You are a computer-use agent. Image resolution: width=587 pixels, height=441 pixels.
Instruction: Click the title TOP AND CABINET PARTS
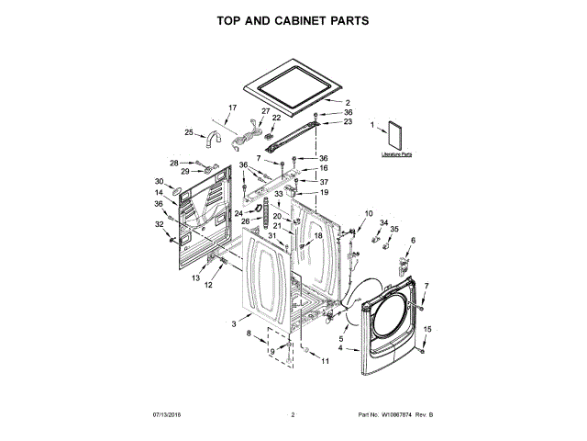[293, 19]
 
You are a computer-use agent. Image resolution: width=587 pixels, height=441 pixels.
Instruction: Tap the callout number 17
[232, 107]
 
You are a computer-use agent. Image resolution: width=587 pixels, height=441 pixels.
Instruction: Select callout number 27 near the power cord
[266, 112]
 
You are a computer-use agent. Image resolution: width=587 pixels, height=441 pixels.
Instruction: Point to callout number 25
[189, 132]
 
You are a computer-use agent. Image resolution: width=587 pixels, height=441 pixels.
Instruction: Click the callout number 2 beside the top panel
[348, 102]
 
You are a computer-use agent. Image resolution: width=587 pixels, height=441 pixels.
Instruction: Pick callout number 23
[348, 121]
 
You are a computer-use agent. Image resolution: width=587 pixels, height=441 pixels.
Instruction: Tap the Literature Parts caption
[397, 155]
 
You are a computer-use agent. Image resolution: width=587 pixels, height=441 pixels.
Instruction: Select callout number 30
[159, 181]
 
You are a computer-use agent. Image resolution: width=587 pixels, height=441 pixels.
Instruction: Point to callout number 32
[159, 223]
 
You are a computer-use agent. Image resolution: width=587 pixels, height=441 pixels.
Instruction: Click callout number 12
[208, 285]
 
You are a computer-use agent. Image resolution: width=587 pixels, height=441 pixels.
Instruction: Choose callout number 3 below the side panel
[234, 324]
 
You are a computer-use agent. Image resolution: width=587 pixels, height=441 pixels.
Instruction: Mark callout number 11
[324, 361]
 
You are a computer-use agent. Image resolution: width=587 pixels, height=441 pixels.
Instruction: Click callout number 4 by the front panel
[341, 348]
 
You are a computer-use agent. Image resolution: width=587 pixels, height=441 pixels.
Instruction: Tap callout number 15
[426, 330]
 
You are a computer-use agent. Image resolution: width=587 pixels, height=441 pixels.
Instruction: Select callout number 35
[395, 230]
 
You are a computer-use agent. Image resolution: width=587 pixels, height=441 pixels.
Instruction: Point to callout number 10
[369, 213]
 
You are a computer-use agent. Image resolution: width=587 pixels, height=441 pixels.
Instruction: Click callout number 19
[323, 192]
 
